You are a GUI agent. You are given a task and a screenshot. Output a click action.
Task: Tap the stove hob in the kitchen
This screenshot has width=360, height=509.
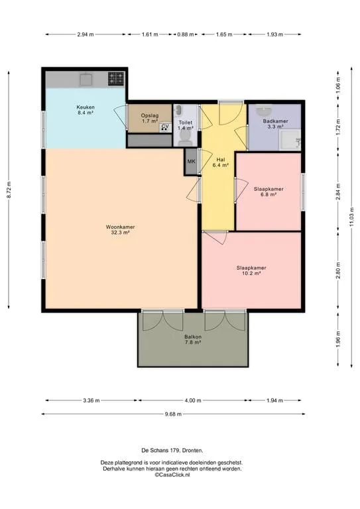[x=116, y=79]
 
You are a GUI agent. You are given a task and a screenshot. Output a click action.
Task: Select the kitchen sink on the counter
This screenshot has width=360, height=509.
[x=86, y=80]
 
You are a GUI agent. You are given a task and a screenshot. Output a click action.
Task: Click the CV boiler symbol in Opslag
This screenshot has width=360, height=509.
[x=165, y=127]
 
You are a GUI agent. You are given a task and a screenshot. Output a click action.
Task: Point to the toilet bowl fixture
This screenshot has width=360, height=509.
[x=185, y=140]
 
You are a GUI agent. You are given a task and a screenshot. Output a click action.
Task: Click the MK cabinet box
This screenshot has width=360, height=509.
[x=191, y=161]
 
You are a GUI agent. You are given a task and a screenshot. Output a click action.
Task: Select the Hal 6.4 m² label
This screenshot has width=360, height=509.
[x=221, y=162]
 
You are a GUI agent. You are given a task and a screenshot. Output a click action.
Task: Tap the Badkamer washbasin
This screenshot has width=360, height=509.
[x=265, y=111]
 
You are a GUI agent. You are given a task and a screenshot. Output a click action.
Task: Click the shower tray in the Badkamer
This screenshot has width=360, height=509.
[x=290, y=140]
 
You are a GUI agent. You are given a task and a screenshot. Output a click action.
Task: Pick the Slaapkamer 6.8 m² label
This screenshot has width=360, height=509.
[x=269, y=192]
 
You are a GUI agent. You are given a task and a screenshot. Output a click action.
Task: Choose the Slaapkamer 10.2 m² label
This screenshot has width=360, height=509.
[x=251, y=270]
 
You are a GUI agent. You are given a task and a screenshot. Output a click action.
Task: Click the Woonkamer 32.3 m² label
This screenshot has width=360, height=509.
[x=120, y=229]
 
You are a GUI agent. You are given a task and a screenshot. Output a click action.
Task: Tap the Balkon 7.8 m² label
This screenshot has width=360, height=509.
[x=193, y=339]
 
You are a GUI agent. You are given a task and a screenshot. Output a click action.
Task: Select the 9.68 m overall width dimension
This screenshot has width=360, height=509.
[x=173, y=414]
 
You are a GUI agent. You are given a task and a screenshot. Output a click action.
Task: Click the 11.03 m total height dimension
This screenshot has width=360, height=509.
[x=352, y=217]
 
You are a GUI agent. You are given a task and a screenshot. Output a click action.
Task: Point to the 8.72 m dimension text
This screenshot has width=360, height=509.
[x=9, y=190]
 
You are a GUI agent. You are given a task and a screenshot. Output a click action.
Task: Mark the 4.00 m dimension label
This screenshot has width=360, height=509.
[x=193, y=400]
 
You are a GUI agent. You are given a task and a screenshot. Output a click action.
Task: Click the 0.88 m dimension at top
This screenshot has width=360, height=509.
[x=186, y=34]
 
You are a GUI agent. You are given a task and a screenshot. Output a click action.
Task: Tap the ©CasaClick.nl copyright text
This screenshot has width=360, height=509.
[x=172, y=475]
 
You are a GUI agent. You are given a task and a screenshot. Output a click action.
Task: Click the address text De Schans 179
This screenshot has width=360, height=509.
[x=160, y=450]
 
